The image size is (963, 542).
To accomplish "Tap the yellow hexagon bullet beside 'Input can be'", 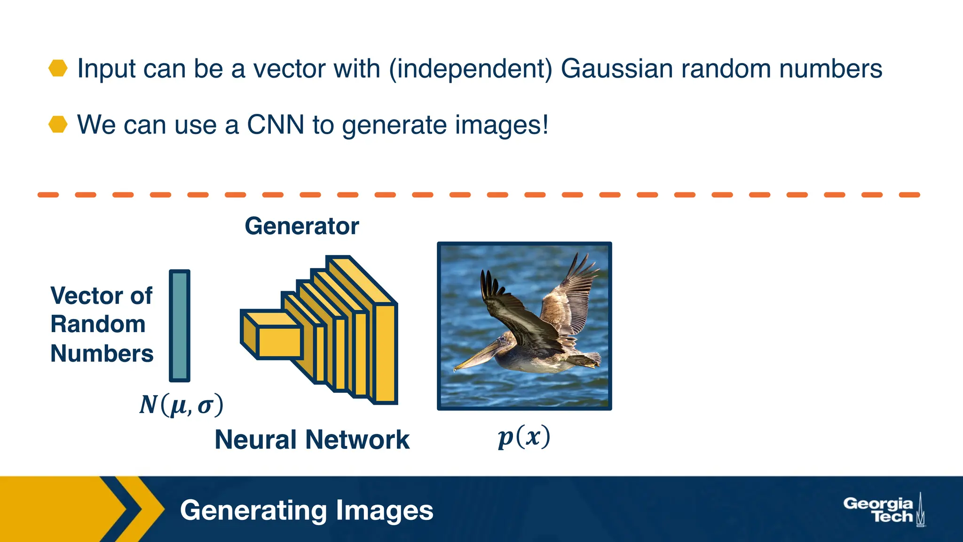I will pyautogui.click(x=58, y=68).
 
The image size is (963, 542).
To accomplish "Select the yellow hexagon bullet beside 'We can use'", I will pyautogui.click(x=58, y=124).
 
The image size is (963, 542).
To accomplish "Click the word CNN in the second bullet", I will pyautogui.click(x=276, y=125).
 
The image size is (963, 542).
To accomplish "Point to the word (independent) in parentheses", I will pyautogui.click(x=471, y=69).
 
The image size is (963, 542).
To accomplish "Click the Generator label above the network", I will pyautogui.click(x=301, y=226).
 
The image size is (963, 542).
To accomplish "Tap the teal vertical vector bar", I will pyautogui.click(x=180, y=326).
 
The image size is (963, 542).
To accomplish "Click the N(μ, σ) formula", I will pyautogui.click(x=181, y=405).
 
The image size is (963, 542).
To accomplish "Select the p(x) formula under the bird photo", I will pyautogui.click(x=524, y=438).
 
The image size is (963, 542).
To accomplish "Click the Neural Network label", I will pyautogui.click(x=312, y=440).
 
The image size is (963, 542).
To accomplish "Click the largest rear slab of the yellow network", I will pyautogui.click(x=385, y=353).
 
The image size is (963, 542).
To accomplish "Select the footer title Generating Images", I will pyautogui.click(x=307, y=510).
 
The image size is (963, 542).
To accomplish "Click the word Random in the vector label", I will pyautogui.click(x=98, y=325).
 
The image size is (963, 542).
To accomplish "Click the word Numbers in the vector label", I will pyautogui.click(x=102, y=353).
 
